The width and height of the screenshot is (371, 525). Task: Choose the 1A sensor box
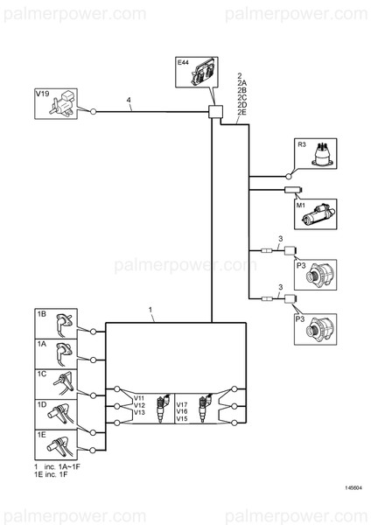point(55,354)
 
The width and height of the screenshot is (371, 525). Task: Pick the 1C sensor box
point(55,383)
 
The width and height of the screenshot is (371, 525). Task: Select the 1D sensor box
point(55,412)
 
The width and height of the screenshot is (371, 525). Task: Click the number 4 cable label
point(129,102)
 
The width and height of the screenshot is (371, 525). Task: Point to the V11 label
point(139,398)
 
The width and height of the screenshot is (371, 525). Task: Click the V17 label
point(181,405)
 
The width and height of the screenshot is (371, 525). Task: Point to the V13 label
point(139,412)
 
